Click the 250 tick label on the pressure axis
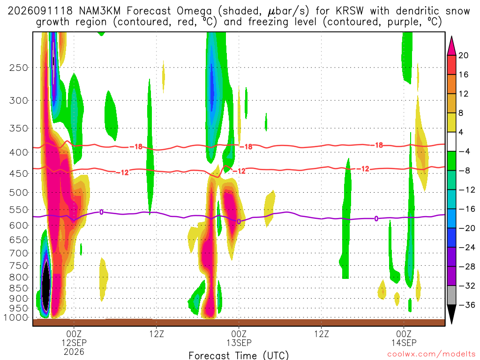(19, 67)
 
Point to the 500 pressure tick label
(19, 193)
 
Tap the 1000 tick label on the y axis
(16, 317)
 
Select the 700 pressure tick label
(19, 253)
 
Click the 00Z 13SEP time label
(239, 338)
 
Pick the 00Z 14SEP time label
(404, 338)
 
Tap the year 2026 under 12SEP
(74, 352)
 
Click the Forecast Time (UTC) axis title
(239, 355)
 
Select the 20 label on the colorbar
(464, 55)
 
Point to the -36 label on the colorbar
(467, 305)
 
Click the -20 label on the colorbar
(467, 228)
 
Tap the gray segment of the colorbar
(451, 295)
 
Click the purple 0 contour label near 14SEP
(376, 218)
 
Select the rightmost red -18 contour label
(379, 145)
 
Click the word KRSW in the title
(349, 11)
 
